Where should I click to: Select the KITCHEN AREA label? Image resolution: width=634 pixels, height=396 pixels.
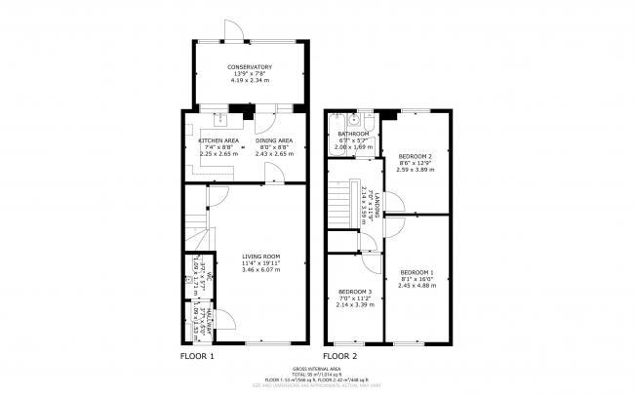click(218, 140)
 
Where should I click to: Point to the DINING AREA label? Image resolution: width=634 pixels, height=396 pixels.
click(274, 140)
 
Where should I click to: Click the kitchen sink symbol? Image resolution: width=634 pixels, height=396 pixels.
click(219, 119)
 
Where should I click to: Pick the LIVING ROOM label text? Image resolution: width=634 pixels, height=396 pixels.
click(260, 256)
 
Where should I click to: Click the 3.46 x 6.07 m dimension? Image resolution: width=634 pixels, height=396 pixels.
click(260, 268)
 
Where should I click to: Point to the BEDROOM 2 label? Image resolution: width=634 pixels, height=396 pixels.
click(416, 156)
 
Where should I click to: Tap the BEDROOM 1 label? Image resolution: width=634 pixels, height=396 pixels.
click(418, 272)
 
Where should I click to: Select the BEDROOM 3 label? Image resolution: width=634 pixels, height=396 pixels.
click(355, 292)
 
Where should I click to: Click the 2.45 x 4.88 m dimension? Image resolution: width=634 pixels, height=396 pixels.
click(418, 286)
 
